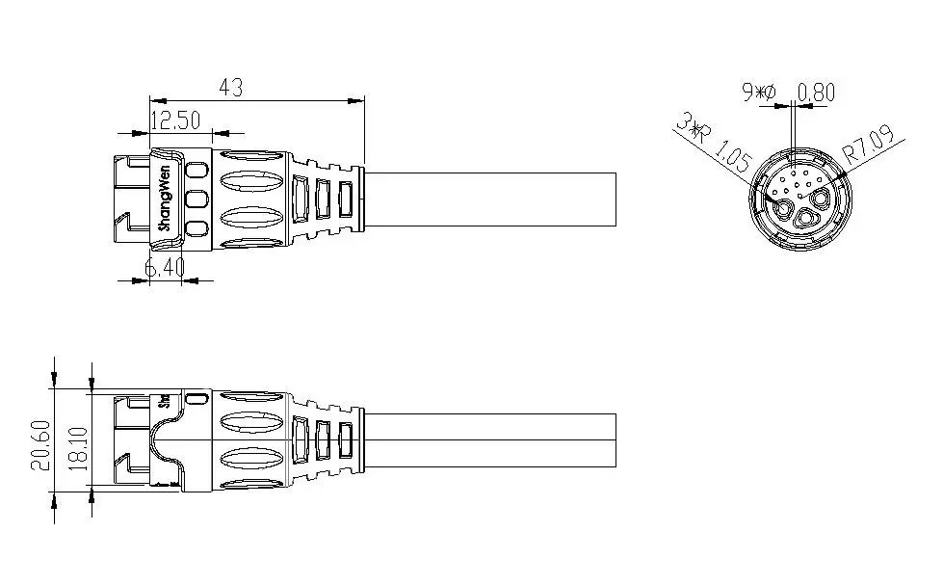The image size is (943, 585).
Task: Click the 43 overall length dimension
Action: coord(230,87)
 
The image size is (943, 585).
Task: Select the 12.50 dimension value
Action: coord(175,120)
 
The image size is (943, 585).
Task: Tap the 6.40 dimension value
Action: coord(165,268)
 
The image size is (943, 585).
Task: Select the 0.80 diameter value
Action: coord(817,93)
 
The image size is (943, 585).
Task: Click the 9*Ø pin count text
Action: coord(759,93)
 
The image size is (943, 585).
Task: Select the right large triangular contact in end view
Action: coord(820,199)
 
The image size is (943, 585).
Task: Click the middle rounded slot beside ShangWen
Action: coord(196,200)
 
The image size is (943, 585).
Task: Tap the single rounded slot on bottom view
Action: coord(196,398)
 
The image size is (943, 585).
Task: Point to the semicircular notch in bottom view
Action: coord(162,445)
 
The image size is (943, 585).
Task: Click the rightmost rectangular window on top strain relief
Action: coord(344,199)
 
